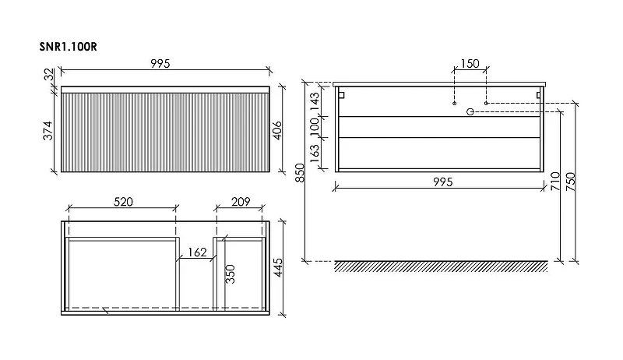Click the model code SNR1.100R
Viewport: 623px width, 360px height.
click(68, 47)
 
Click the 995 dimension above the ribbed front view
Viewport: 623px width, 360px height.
click(160, 64)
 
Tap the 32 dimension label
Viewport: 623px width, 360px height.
click(48, 74)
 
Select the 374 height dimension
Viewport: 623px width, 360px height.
click(48, 131)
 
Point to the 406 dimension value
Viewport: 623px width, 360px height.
click(277, 130)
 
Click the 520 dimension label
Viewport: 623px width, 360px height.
click(123, 202)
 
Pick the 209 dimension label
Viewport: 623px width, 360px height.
click(241, 202)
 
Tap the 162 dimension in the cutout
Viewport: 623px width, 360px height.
click(197, 252)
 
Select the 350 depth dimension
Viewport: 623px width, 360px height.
click(231, 274)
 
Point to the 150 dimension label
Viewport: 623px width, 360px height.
click(470, 64)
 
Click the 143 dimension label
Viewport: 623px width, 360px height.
click(315, 102)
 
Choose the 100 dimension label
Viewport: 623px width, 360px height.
click(315, 126)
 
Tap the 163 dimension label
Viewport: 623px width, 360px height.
click(315, 154)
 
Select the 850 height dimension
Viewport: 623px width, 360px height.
click(301, 173)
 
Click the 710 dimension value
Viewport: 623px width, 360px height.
click(555, 182)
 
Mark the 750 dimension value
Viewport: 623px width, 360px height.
click(571, 182)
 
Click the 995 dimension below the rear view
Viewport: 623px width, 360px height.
click(443, 182)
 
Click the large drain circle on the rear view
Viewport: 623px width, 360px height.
click(470, 111)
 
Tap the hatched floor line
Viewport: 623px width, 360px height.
click(441, 266)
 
